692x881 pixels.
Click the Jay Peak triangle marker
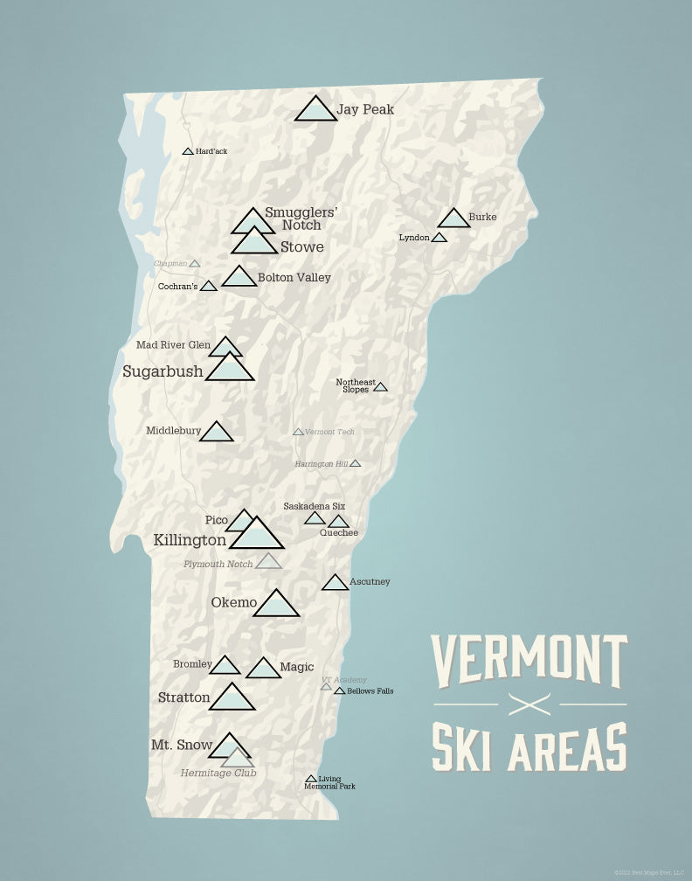(x=315, y=110)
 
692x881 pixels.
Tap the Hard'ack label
(x=211, y=151)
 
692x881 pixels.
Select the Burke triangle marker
(x=453, y=219)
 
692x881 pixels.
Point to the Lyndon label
(x=414, y=238)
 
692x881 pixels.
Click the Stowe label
(x=302, y=247)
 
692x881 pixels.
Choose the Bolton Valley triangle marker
(x=239, y=278)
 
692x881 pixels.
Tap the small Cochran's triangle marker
(x=208, y=286)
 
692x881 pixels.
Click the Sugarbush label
(x=163, y=371)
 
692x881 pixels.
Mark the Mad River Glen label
(x=173, y=345)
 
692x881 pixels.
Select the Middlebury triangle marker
(x=216, y=433)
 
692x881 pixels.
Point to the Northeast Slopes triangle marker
(x=380, y=387)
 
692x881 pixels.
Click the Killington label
(x=190, y=540)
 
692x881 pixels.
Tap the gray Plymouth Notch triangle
(x=268, y=562)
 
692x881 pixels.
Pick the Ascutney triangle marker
(x=335, y=583)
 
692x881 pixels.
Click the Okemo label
(x=234, y=602)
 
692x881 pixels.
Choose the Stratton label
(x=184, y=697)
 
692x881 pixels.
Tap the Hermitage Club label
(x=218, y=773)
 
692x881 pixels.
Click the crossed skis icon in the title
(x=530, y=704)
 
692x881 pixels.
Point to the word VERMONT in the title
(x=529, y=662)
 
